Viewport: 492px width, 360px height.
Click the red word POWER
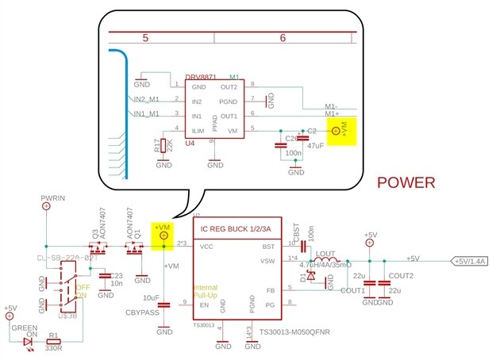406,182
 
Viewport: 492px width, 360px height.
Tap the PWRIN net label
53,197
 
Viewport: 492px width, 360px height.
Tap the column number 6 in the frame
283,37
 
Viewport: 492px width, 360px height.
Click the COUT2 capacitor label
402,275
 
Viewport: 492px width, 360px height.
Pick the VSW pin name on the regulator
267,260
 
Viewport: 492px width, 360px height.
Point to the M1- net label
336,106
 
